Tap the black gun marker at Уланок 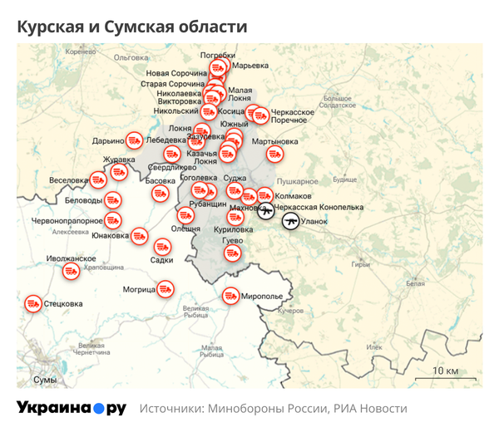click(290, 221)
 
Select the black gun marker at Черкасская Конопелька click(266, 212)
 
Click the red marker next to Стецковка click(32, 304)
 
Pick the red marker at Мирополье click(230, 296)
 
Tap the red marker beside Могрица click(166, 289)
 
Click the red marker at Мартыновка click(274, 154)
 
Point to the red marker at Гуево click(233, 253)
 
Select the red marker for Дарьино click(133, 140)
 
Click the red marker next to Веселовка click(98, 179)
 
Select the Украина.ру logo click(72, 409)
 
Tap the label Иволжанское click(72, 259)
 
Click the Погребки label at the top click(218, 55)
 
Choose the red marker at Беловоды click(114, 200)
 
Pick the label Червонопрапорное click(67, 221)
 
